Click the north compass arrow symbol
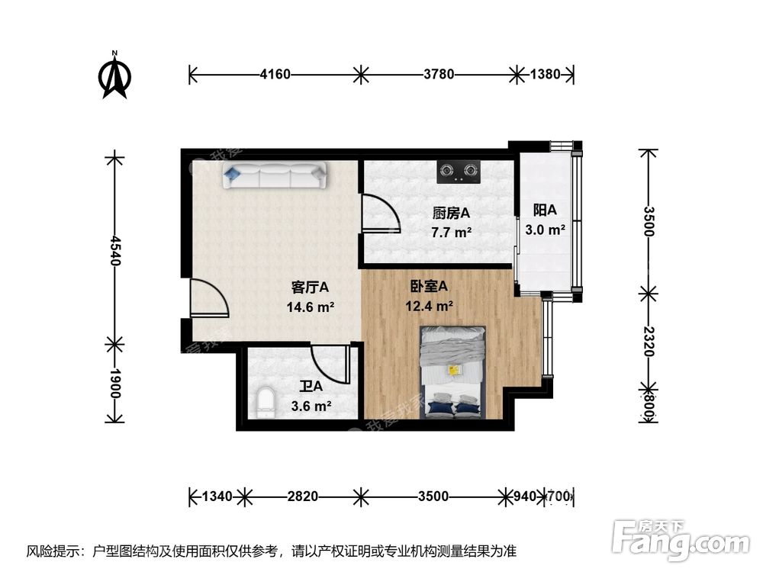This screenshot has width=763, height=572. (x=115, y=77)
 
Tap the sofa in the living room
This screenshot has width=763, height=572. (x=275, y=176)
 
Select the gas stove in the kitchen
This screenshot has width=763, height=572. (x=459, y=172)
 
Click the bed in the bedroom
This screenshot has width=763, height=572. (x=454, y=372)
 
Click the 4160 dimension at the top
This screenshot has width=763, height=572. (x=275, y=75)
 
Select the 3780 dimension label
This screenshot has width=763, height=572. (x=439, y=75)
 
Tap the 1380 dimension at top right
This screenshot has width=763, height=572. (x=545, y=75)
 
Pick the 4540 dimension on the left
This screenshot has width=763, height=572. (x=114, y=250)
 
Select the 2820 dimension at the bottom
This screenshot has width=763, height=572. (x=303, y=497)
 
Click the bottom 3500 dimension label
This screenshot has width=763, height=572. (x=433, y=497)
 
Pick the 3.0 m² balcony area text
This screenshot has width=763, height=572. (x=545, y=229)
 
